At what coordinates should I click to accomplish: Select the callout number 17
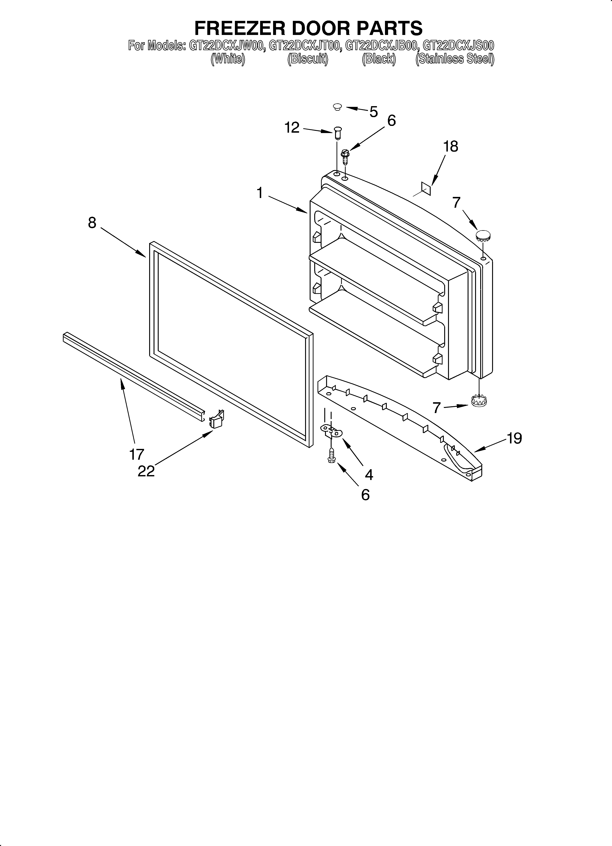click(136, 454)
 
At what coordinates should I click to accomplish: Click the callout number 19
click(514, 438)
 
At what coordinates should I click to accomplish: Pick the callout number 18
click(451, 147)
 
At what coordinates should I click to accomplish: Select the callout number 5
click(373, 111)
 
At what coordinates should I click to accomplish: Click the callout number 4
click(369, 475)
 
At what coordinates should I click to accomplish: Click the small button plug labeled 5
click(337, 107)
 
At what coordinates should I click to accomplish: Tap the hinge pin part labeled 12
click(338, 133)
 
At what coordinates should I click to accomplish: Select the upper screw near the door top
click(345, 157)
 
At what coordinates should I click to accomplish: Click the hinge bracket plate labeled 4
click(331, 432)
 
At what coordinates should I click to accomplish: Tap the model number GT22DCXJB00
click(381, 46)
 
